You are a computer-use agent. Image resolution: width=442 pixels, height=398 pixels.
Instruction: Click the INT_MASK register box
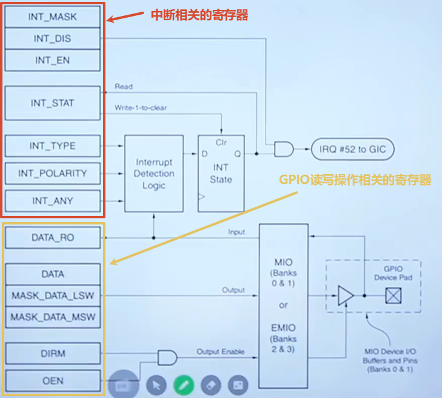[53, 17]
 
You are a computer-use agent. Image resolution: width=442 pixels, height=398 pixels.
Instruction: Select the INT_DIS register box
[53, 39]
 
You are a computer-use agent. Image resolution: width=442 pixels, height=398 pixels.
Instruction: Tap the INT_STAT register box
[53, 103]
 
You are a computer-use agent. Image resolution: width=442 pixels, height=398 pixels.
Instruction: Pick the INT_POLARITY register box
[53, 173]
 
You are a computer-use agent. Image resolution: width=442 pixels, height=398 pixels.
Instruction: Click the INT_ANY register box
[53, 201]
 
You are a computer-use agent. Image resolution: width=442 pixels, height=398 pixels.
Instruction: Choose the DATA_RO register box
[53, 238]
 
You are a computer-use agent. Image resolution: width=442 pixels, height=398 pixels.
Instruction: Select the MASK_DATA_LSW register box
[53, 296]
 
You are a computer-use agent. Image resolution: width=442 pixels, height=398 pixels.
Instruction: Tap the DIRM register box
[53, 353]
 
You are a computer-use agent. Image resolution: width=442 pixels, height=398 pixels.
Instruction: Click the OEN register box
[53, 381]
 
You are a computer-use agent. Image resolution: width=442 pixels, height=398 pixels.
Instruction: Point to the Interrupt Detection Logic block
[154, 174]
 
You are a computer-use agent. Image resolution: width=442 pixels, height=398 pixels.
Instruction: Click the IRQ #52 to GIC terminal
[352, 149]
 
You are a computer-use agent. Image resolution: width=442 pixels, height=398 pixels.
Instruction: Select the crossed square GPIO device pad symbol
[393, 296]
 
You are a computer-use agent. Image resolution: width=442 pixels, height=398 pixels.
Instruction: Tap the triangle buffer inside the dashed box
[345, 296]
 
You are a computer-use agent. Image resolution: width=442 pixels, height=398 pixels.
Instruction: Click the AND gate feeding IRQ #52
[284, 149]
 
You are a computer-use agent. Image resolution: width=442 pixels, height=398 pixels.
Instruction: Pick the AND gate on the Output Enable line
[167, 358]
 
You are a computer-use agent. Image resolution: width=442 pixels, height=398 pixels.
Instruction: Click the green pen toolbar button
[184, 385]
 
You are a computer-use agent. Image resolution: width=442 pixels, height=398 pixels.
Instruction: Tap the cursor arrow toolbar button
[156, 385]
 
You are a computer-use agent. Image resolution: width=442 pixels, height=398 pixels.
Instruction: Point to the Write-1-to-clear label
[140, 108]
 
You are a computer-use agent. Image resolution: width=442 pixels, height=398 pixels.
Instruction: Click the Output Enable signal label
[221, 351]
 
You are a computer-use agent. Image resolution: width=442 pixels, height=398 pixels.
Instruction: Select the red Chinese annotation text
[199, 15]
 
